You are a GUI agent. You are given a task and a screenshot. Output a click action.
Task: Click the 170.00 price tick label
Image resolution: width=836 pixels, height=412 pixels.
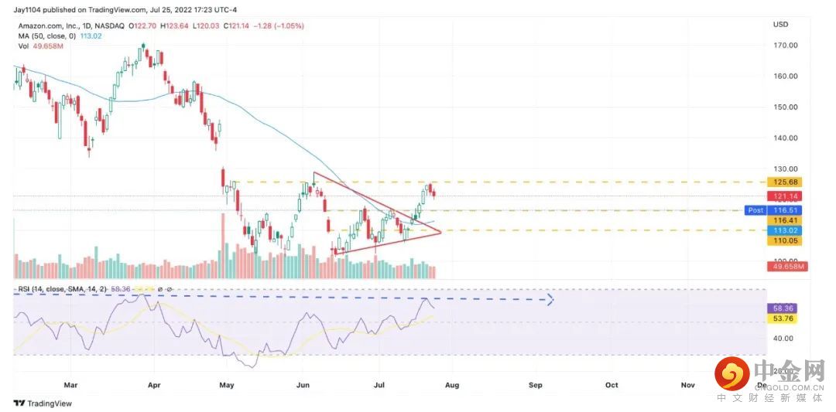pyautogui.click(x=785, y=45)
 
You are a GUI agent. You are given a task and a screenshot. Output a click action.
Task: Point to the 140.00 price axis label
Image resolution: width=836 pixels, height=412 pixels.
pyautogui.click(x=785, y=138)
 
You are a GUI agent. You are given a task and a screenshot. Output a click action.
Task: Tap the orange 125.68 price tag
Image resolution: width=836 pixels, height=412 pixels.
pyautogui.click(x=785, y=182)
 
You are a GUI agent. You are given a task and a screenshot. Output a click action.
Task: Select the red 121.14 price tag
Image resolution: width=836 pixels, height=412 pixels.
pyautogui.click(x=785, y=196)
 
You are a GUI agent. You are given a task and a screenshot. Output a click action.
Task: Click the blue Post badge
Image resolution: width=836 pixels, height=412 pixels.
pyautogui.click(x=755, y=210)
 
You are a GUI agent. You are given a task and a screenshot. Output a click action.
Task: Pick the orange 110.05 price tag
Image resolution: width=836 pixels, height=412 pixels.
pyautogui.click(x=785, y=240)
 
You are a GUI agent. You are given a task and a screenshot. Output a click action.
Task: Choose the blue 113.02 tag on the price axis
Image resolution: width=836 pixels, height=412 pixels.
pyautogui.click(x=785, y=230)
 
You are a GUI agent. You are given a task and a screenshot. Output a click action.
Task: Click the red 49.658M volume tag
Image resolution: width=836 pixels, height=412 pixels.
pyautogui.click(x=785, y=267)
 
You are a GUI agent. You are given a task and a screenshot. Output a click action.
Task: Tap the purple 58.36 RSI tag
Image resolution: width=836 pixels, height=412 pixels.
pyautogui.click(x=785, y=308)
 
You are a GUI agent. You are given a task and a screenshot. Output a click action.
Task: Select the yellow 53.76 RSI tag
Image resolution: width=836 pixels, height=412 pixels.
pyautogui.click(x=785, y=318)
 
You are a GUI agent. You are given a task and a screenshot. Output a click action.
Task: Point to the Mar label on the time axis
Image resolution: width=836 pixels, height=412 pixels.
pyautogui.click(x=70, y=383)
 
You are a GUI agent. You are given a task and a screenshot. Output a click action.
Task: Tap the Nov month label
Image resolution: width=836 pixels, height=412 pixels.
pyautogui.click(x=687, y=383)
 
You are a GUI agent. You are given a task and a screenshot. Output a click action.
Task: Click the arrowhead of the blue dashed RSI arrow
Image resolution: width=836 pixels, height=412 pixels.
pyautogui.click(x=550, y=299)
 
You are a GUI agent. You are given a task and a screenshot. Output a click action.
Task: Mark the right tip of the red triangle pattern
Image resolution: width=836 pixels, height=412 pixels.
pyautogui.click(x=440, y=232)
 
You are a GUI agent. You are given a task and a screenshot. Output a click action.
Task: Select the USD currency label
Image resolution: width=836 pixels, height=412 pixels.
pyautogui.click(x=780, y=25)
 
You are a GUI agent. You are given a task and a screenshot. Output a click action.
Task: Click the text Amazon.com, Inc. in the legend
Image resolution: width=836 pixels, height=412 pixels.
pyautogui.click(x=45, y=26)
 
